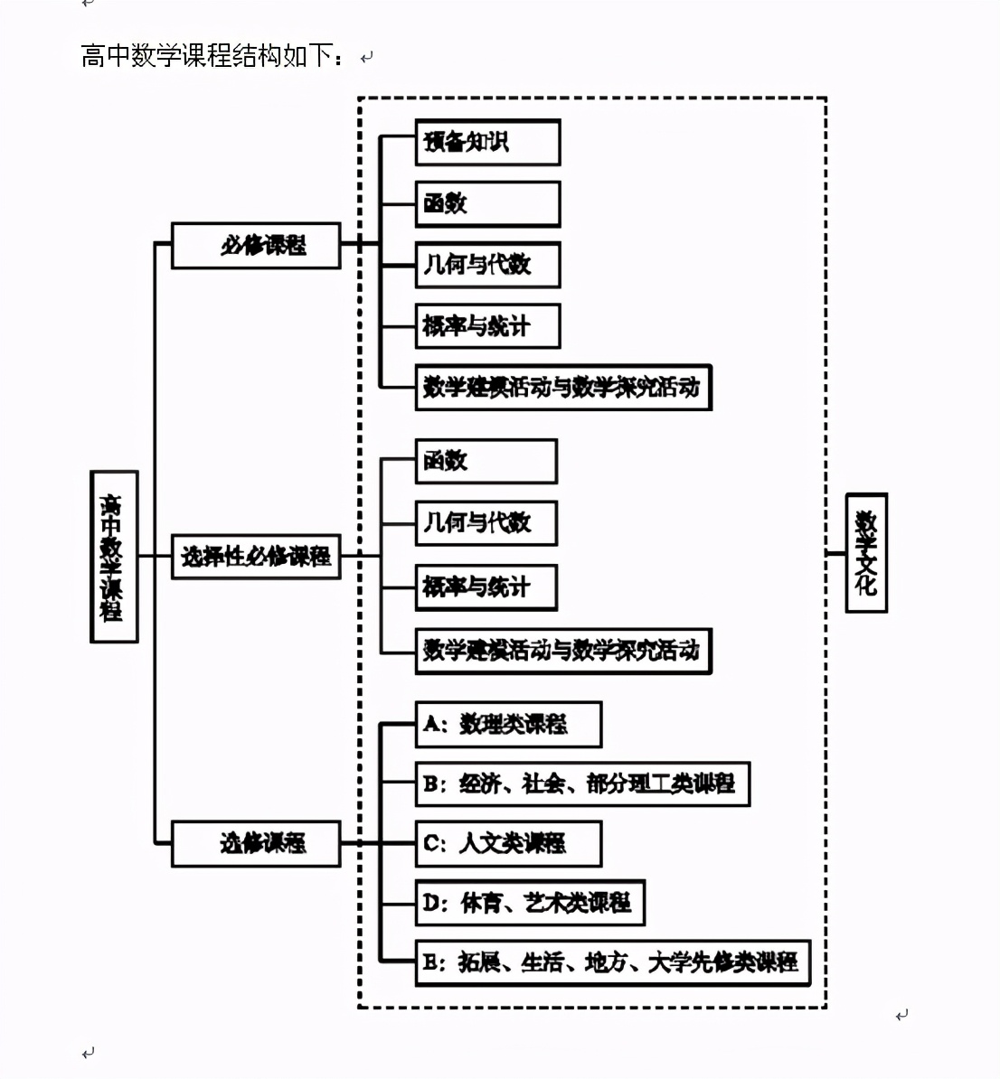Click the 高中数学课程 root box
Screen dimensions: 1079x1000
click(114, 557)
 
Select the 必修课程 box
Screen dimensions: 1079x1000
click(256, 245)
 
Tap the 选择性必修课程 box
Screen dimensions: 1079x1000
click(256, 556)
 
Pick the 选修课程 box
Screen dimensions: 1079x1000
click(256, 843)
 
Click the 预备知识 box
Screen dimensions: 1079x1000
click(487, 142)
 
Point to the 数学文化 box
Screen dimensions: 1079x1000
click(866, 552)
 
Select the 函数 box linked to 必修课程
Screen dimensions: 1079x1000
click(487, 203)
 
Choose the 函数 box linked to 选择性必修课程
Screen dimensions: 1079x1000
click(486, 461)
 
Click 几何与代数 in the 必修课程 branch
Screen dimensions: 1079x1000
click(487, 265)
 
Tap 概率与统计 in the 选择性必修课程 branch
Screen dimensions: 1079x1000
click(486, 587)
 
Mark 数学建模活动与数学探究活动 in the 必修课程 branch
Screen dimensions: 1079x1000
click(563, 388)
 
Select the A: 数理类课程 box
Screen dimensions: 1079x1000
click(508, 724)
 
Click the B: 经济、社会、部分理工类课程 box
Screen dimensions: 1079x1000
click(582, 783)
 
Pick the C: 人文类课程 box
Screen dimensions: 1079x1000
click(508, 843)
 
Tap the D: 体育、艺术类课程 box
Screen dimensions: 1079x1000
click(530, 902)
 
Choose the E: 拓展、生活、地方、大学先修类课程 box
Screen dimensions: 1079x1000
click(612, 962)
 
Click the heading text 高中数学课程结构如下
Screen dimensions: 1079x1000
click(213, 56)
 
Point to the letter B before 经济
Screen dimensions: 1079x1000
click(431, 783)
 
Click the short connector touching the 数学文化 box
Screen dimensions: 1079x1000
click(836, 553)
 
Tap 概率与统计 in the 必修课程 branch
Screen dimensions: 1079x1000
click(487, 326)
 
